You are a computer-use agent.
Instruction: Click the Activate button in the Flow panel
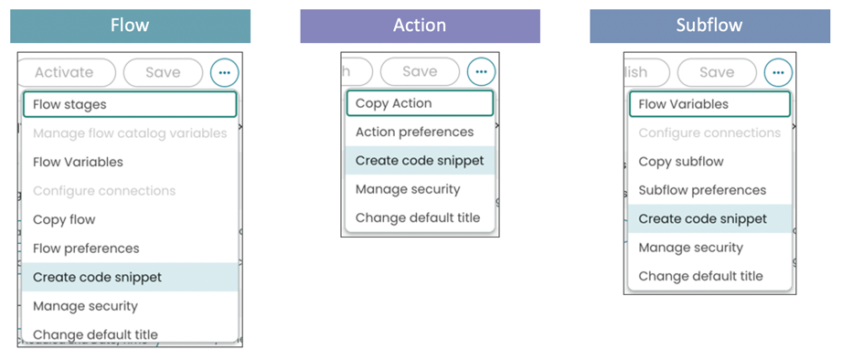click(x=66, y=72)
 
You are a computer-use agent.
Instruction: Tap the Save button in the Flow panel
click(x=163, y=72)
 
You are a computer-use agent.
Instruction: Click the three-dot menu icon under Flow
click(x=224, y=72)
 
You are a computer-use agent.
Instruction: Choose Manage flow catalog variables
click(x=129, y=133)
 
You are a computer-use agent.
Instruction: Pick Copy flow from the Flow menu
click(x=64, y=219)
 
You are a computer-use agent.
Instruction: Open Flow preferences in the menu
click(x=86, y=249)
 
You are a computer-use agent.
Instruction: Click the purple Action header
click(x=420, y=26)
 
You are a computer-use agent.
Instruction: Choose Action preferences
click(x=414, y=132)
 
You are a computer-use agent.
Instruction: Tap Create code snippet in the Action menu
click(x=420, y=161)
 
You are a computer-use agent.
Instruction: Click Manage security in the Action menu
click(x=408, y=189)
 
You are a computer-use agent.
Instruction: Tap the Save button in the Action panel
click(x=420, y=71)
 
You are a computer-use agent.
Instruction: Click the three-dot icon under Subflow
click(x=778, y=71)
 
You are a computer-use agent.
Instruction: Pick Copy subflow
click(x=680, y=162)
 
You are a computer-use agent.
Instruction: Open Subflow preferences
click(x=702, y=190)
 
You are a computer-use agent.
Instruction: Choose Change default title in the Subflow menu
click(x=700, y=276)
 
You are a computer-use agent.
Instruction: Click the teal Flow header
click(x=130, y=26)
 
